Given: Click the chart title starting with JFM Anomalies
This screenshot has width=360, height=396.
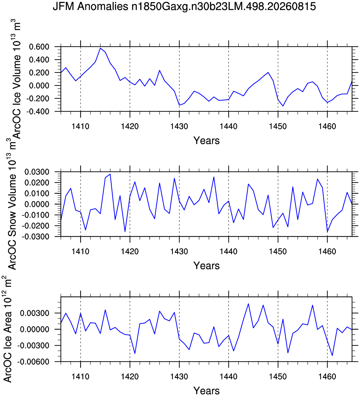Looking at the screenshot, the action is (184, 7).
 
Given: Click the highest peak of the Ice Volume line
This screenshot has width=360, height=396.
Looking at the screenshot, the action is (100, 48).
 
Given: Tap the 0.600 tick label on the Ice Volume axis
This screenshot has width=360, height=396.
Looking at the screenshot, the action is (39, 47).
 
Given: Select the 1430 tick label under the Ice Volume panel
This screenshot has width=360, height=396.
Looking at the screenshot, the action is (179, 126).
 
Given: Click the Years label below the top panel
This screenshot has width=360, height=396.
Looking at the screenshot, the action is (206, 141).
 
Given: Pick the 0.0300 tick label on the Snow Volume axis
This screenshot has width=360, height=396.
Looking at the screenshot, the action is (37, 172).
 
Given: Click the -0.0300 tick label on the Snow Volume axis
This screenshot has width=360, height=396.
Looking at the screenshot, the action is (35, 237).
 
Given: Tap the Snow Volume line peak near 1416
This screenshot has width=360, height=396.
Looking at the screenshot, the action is (110, 174).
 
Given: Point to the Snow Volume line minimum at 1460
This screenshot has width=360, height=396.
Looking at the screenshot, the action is (327, 232).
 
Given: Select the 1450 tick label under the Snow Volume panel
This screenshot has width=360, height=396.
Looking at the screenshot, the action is (278, 251).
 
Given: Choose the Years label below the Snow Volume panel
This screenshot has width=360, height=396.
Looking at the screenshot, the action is (206, 265).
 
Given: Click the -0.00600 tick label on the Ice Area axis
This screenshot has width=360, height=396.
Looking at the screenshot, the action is (33, 361).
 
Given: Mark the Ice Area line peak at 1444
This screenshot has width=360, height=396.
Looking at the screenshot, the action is (248, 304).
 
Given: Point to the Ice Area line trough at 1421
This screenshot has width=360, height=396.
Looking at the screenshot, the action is (135, 353).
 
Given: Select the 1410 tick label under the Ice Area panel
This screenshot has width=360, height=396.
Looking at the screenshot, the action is (80, 376).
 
